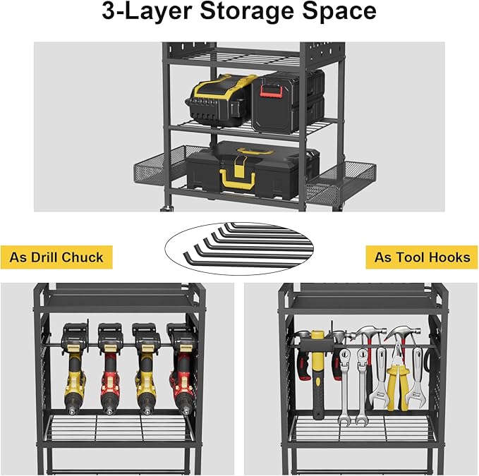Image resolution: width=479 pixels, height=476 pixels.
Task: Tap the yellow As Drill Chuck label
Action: point(56,257)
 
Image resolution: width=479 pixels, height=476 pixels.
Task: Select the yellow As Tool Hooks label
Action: point(422,257)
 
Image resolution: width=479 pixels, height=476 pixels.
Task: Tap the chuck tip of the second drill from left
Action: point(109,409)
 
